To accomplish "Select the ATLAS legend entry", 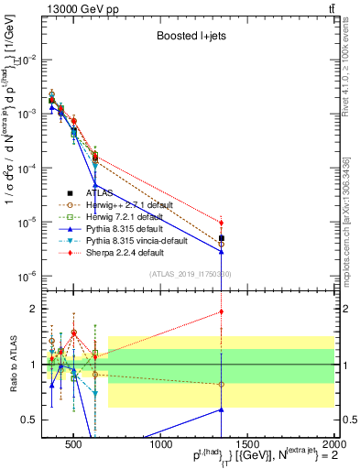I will tap(97, 193).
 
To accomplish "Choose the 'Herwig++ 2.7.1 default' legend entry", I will tap(136, 205).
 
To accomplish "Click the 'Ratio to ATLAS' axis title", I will tap(13, 364).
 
